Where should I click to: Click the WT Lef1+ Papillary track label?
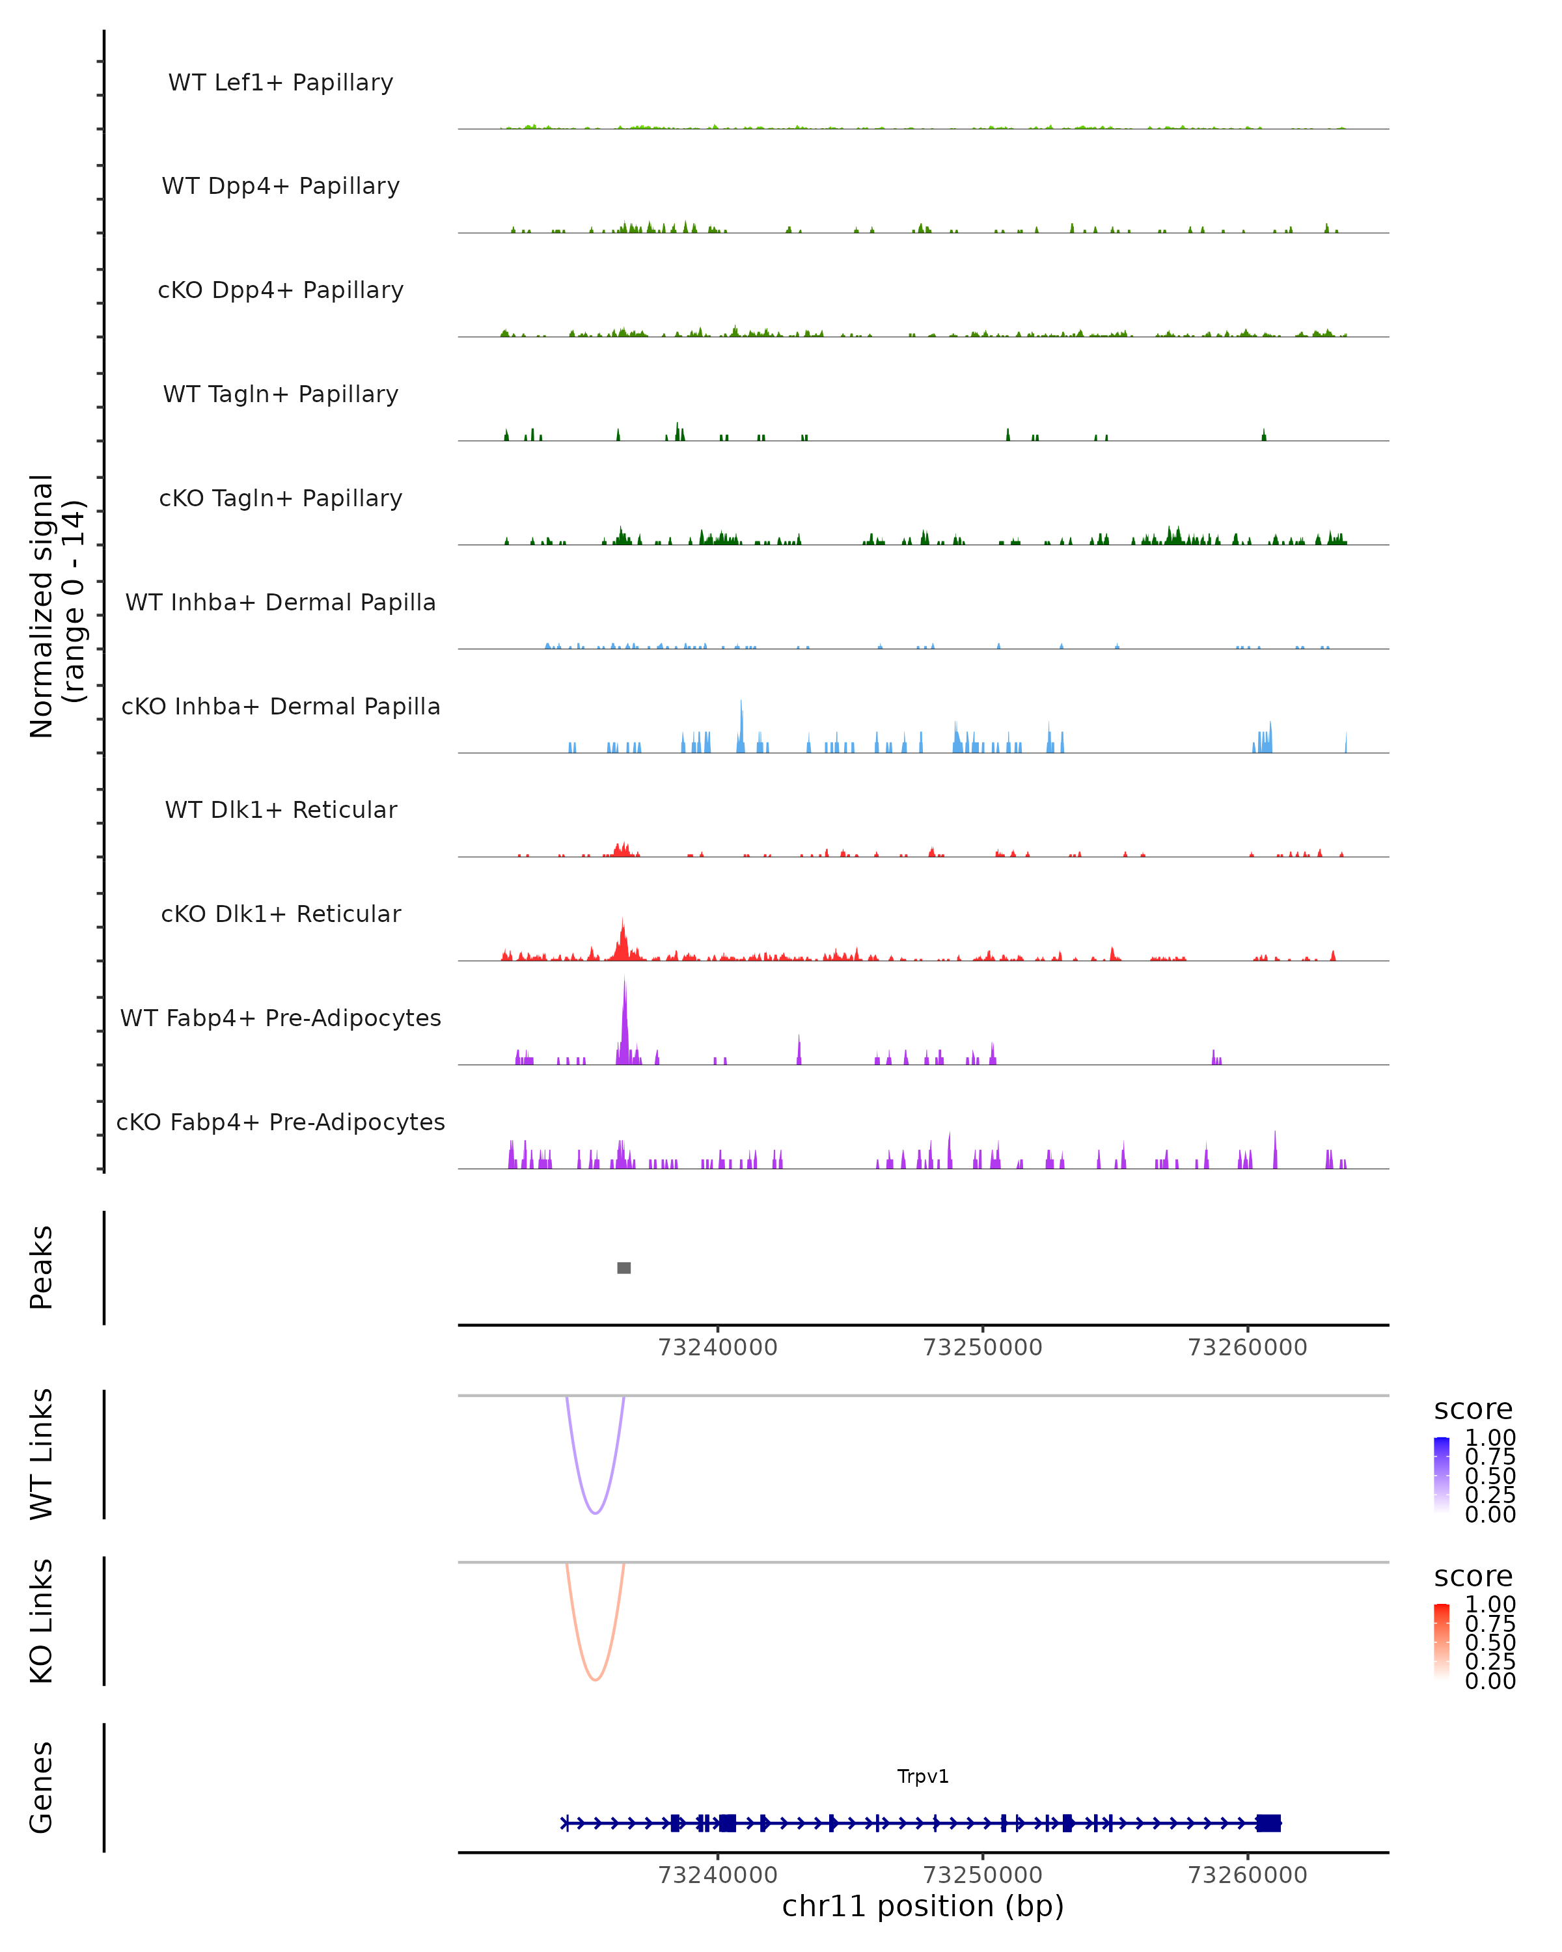(x=281, y=83)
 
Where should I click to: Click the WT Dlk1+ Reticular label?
(x=281, y=809)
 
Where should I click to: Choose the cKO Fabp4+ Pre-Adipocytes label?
(x=281, y=1122)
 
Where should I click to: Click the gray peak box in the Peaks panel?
(x=624, y=1267)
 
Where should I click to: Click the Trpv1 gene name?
(x=923, y=1776)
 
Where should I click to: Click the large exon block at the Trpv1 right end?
(x=1268, y=1823)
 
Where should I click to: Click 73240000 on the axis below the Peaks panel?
(x=717, y=1348)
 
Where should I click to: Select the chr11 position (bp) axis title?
(x=923, y=1906)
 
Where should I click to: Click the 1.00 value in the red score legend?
(x=1490, y=1605)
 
